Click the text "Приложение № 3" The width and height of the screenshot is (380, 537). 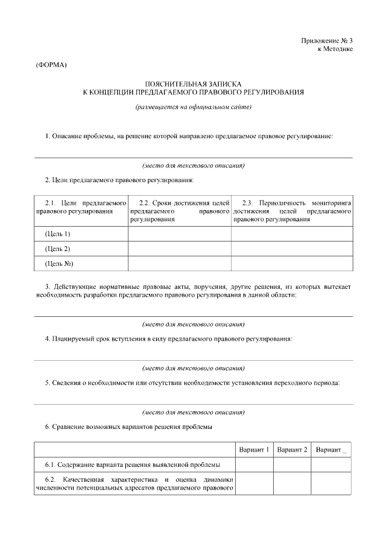(326, 40)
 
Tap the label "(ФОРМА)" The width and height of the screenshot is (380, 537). (52, 64)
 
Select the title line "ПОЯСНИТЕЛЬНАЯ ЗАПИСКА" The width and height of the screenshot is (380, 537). (194, 84)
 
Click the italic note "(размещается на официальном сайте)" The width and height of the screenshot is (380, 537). (194, 107)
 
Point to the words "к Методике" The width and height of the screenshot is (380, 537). (335, 49)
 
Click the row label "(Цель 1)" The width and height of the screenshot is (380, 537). (58, 234)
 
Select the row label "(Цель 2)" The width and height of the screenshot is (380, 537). (58, 249)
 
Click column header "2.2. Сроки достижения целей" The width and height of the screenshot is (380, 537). (179, 203)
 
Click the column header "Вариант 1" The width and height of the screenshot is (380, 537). (254, 450)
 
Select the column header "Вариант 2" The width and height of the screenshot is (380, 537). (292, 450)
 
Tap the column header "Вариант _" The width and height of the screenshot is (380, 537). (331, 450)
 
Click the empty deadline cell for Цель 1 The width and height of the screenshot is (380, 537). (179, 234)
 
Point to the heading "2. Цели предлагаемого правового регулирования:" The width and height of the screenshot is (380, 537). (119, 180)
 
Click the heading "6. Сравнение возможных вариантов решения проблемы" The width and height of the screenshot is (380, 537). (129, 427)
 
